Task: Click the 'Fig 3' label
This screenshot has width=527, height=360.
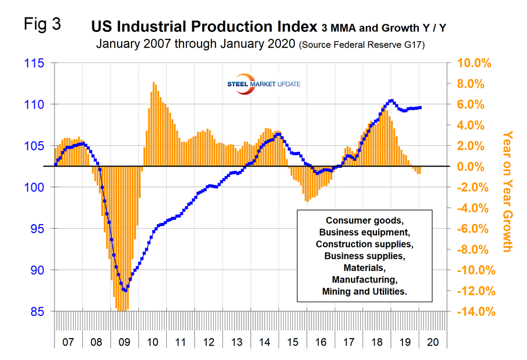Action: (x=41, y=25)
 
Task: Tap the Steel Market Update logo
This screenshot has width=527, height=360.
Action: (x=264, y=85)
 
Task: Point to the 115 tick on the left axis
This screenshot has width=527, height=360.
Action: (x=36, y=63)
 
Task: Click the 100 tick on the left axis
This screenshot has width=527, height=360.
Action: (x=36, y=187)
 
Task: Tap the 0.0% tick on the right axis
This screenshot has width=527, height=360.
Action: (x=476, y=167)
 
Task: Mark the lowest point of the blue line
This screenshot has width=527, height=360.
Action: (x=125, y=290)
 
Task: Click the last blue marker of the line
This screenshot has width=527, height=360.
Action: (x=420, y=107)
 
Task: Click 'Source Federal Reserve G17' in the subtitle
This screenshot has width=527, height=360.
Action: (x=362, y=45)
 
